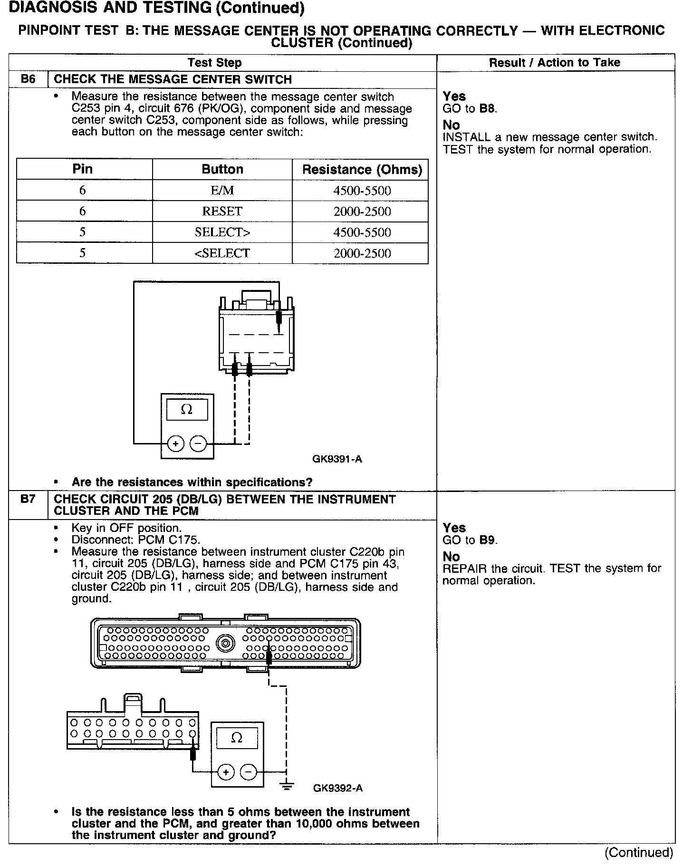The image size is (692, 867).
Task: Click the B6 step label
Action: coord(28,79)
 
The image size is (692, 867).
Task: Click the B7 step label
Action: coord(28,500)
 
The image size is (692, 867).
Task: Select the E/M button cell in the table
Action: coord(222,191)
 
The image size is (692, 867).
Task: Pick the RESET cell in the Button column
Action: coord(222,212)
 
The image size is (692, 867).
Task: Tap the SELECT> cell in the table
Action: coord(222,232)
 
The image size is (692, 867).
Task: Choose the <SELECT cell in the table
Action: coord(222,253)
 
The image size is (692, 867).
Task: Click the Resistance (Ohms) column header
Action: coord(362,170)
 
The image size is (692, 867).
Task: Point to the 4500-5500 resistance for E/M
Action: coord(362,191)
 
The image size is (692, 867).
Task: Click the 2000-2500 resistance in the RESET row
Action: coord(362,212)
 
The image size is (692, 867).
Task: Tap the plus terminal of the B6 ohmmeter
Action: coord(176,444)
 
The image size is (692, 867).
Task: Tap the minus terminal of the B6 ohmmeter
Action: coord(198,444)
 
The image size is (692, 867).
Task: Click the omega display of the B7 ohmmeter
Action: coord(236,738)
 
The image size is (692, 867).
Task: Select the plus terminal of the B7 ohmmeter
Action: coord(226,772)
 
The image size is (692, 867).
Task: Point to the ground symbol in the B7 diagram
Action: coord(287,786)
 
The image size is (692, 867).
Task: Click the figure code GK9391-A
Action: coord(337,459)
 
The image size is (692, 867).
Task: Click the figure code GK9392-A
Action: coord(338,788)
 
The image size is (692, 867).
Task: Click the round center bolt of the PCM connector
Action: coord(225,644)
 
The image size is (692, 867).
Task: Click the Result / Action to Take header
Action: coord(555,62)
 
